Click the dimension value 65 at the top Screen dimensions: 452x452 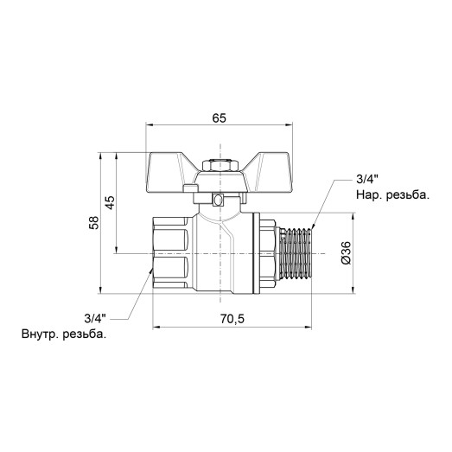pyautogui.click(x=218, y=118)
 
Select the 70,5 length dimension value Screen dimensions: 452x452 pyautogui.click(x=232, y=319)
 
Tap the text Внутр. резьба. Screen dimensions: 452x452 pyautogui.click(x=65, y=334)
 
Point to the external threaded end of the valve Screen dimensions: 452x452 pyautogui.click(x=298, y=252)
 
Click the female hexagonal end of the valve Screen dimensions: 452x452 pyautogui.click(x=173, y=251)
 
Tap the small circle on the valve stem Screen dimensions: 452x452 pyautogui.click(x=220, y=201)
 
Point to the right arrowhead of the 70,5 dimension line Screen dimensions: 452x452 pyautogui.click(x=309, y=328)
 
